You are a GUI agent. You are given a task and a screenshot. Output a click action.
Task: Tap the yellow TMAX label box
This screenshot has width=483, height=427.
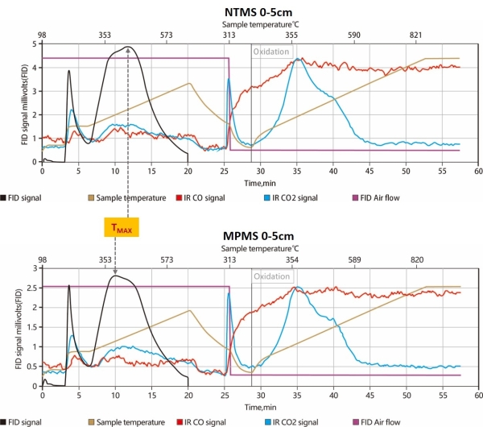[122, 228]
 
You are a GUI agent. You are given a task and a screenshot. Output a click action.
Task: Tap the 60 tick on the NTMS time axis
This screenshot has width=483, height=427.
[477, 171]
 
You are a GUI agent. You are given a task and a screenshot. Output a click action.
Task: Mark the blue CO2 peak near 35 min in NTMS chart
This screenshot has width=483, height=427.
[297, 59]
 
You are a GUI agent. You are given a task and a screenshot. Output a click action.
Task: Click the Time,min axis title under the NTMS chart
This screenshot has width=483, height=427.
[260, 183]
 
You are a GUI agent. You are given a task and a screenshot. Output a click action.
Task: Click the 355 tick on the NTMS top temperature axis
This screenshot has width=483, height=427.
[291, 35]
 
